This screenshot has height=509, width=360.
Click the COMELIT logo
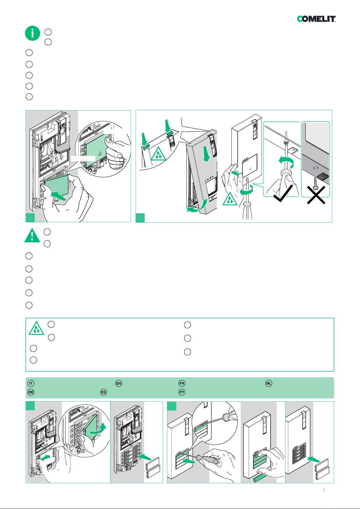pyautogui.click(x=316, y=19)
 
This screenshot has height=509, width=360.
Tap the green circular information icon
pyautogui.click(x=33, y=33)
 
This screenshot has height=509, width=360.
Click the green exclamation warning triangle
pyautogui.click(x=32, y=235)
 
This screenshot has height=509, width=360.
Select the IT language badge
pyautogui.click(x=31, y=383)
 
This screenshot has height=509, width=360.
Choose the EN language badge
pyautogui.click(x=119, y=383)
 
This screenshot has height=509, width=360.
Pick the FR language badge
pyautogui.click(x=182, y=383)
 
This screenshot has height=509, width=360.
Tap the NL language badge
pyautogui.click(x=269, y=383)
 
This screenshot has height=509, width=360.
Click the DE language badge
pyautogui.click(x=31, y=392)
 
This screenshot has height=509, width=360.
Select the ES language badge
pyautogui.click(x=104, y=392)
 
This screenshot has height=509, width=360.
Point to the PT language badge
pyautogui.click(x=182, y=392)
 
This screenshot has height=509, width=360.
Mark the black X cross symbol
pyautogui.click(x=316, y=195)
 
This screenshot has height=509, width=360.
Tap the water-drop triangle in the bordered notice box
pyautogui.click(x=36, y=329)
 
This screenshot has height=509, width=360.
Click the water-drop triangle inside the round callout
pyautogui.click(x=158, y=154)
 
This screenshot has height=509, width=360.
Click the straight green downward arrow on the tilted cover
pyautogui.click(x=207, y=154)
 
